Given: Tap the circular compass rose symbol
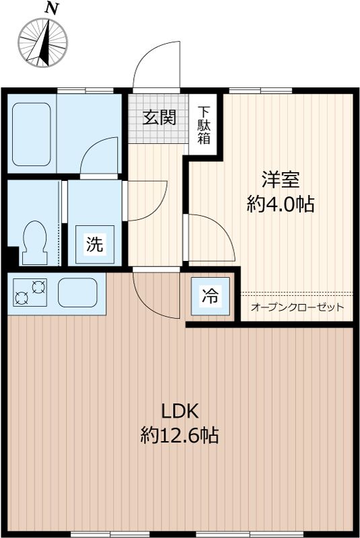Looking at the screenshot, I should [44, 42].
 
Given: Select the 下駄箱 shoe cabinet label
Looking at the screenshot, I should [203, 126].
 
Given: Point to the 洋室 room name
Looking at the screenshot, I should [280, 180].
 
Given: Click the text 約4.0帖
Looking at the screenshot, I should [280, 204].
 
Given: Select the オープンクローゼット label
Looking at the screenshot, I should [297, 307].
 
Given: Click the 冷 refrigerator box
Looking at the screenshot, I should [210, 296].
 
